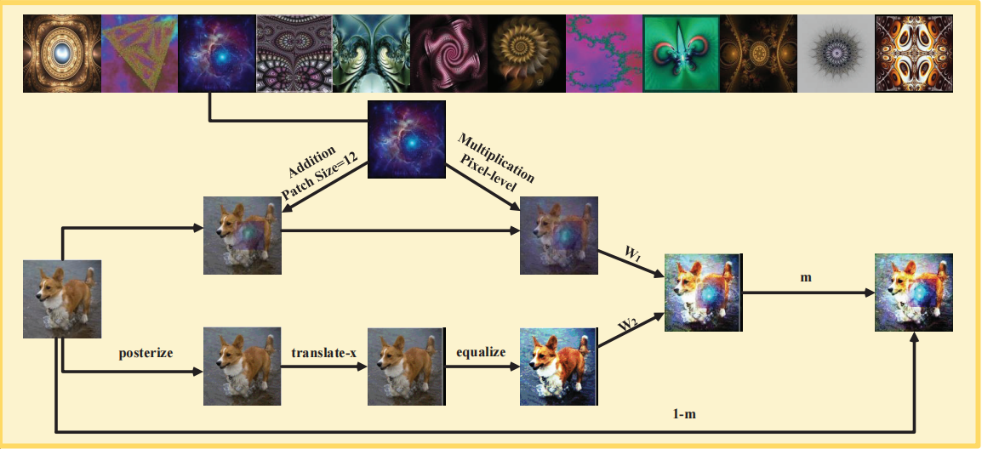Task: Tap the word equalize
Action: [482, 350]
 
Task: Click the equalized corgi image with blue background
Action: [557, 367]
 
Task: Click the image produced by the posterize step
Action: [242, 367]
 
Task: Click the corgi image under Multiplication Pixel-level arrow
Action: [558, 235]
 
